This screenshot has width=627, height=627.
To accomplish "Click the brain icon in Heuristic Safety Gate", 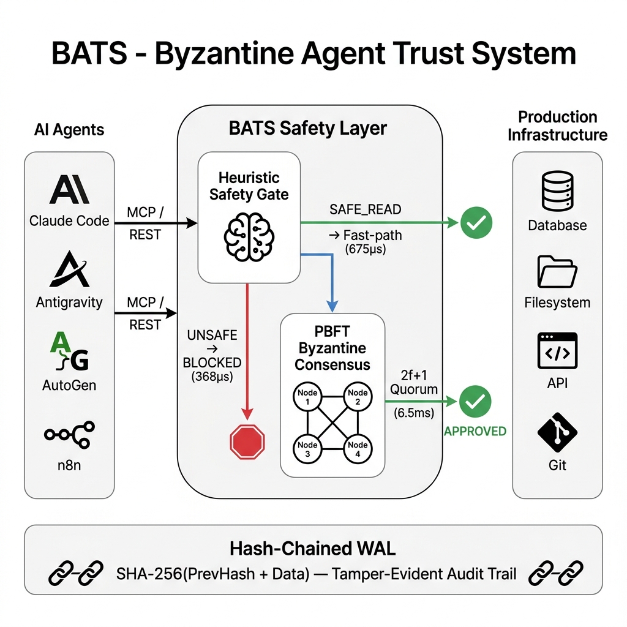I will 249,233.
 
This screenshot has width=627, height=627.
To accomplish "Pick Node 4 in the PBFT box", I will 358,449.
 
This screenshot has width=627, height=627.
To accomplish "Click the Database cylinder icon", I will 557,190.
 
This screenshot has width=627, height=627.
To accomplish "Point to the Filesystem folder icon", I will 557,271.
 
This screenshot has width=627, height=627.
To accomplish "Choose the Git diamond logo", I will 557,432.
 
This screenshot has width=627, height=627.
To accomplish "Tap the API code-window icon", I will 557,351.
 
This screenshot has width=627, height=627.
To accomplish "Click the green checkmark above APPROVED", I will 476,402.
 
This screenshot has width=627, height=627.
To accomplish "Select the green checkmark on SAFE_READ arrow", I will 476,223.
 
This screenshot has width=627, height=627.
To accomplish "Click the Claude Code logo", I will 69,190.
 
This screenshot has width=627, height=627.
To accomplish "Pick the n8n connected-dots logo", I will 69,434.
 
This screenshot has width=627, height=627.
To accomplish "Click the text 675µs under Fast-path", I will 366,249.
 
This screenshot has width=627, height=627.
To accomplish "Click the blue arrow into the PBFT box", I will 331,288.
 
